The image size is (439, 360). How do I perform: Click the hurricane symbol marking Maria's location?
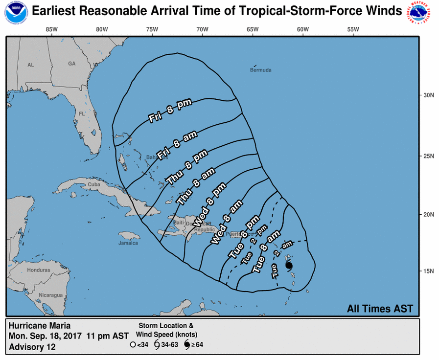pyautogui.click(x=288, y=266)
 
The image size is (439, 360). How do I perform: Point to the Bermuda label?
pyautogui.click(x=260, y=70)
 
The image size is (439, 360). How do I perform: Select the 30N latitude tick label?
pyautogui.click(x=429, y=95)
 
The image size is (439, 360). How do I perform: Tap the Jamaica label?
pyautogui.click(x=128, y=243)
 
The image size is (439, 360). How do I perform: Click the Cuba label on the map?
pyautogui.click(x=93, y=184)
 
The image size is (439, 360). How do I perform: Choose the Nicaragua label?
pyautogui.click(x=51, y=295)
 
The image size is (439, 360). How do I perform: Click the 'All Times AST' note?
pyautogui.click(x=380, y=309)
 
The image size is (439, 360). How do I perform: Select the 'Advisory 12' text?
pyautogui.click(x=32, y=347)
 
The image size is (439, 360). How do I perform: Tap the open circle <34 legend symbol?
pyautogui.click(x=133, y=344)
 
